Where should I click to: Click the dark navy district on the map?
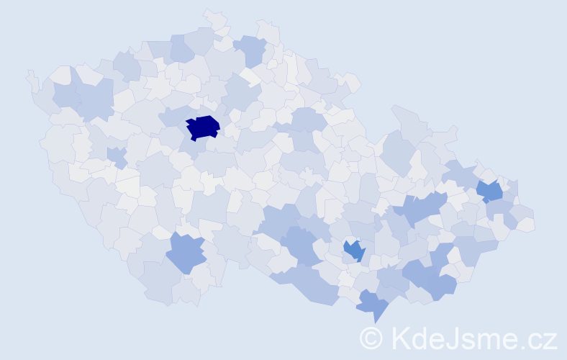tap(203, 127)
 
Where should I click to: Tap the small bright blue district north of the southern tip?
tap(354, 250)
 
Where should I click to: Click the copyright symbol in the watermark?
tap(371, 338)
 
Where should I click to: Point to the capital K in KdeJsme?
tap(400, 338)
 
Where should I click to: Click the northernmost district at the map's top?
tap(214, 17)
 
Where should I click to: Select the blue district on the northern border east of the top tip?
tap(250, 50)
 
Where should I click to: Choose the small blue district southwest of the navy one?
tap(117, 156)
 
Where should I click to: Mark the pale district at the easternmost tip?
tap(526, 224)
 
